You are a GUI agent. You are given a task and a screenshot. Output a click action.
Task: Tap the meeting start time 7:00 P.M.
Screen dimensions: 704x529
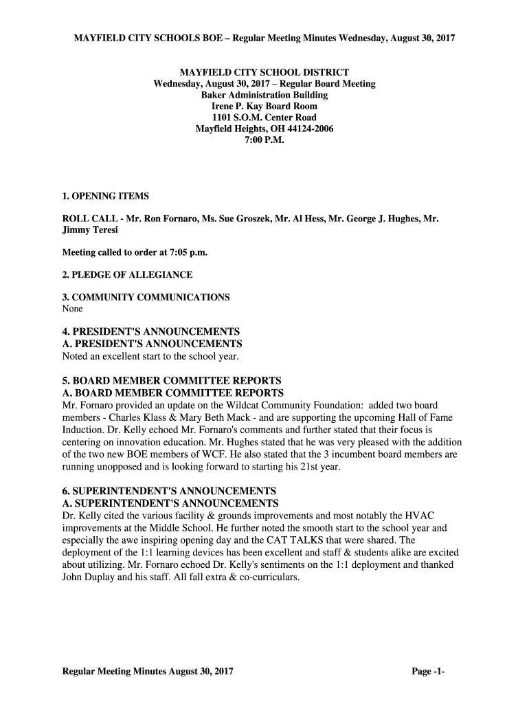click(x=264, y=140)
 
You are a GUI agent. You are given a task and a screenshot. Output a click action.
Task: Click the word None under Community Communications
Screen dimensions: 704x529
click(x=72, y=309)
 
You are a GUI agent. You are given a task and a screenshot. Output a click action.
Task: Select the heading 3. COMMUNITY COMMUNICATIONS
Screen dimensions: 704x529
click(x=146, y=297)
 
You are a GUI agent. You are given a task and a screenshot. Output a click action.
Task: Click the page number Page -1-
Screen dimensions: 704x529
click(x=429, y=671)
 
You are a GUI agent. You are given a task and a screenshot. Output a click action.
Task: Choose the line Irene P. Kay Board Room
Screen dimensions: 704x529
click(x=264, y=107)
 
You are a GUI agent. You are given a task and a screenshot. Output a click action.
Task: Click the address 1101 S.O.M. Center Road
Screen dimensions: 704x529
click(x=264, y=118)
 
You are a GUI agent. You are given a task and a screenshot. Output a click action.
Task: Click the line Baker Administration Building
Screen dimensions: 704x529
click(x=264, y=95)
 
